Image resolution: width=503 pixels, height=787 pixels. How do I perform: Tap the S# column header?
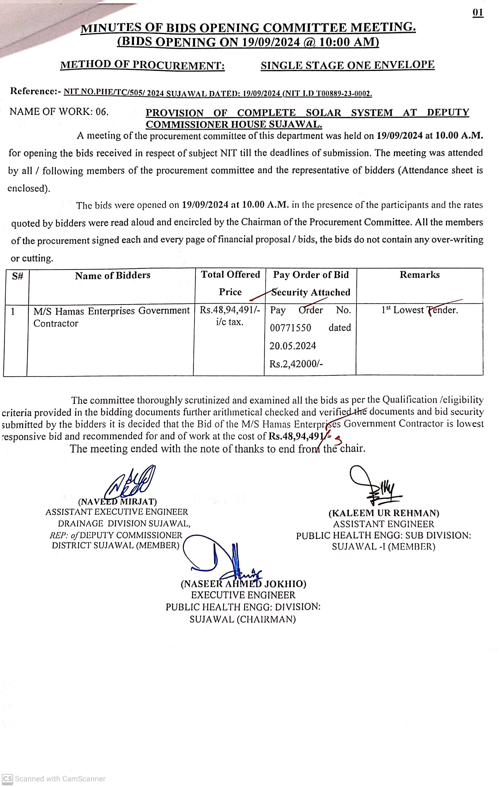(17, 276)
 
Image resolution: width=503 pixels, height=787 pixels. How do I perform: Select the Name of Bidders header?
(112, 275)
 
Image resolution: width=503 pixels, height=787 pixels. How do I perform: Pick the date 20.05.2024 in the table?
(293, 346)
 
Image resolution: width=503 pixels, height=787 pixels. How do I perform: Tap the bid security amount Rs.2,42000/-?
(296, 364)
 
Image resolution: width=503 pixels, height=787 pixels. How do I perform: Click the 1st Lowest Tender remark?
(420, 310)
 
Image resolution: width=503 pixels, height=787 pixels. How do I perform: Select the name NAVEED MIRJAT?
(117, 501)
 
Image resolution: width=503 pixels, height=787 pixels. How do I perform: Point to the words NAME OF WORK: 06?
(59, 112)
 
